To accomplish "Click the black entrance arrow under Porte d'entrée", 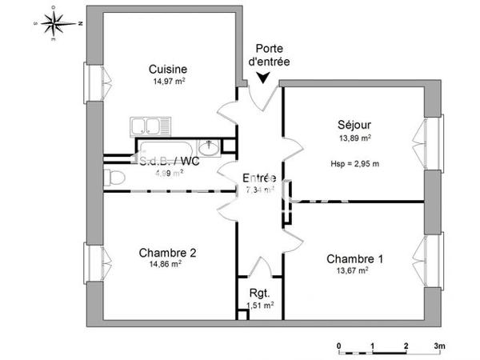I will point(263,78).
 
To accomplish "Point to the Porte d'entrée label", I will point(269,55).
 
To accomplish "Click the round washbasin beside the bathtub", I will point(210,148).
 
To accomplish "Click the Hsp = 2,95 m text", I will point(354,164).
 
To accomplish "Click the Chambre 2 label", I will point(167,252).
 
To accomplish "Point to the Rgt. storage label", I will point(257,292).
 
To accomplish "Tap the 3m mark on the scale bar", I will point(438,346).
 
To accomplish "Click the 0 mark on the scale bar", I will point(339,346).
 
